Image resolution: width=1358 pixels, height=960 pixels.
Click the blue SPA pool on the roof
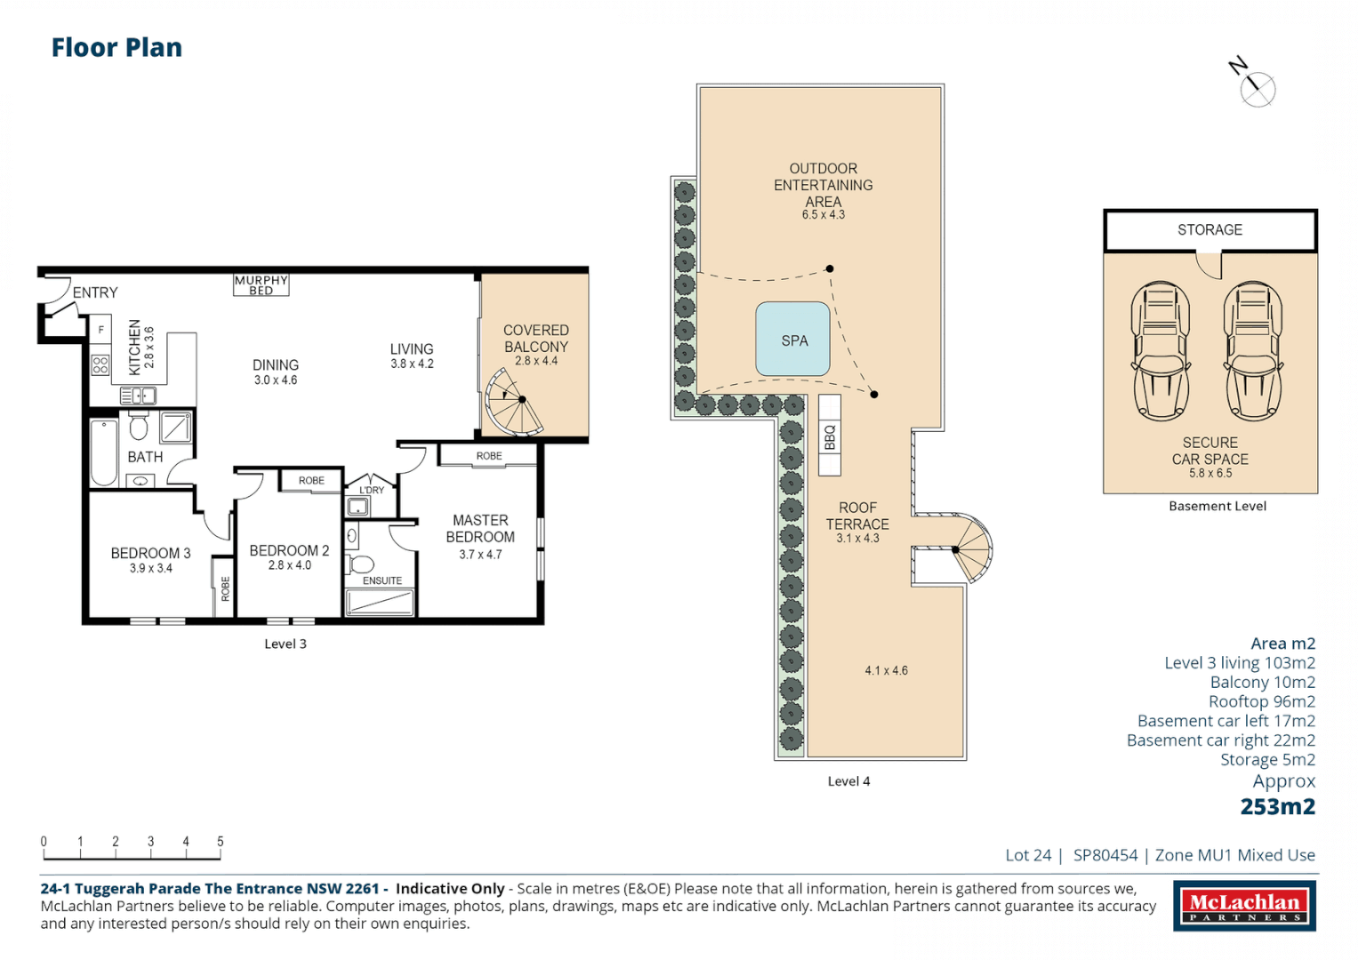[792, 340]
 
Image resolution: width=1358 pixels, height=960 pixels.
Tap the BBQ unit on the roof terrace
[830, 436]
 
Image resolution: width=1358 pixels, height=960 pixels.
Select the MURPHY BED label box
[261, 284]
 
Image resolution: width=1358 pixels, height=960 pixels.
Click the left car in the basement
[1161, 351]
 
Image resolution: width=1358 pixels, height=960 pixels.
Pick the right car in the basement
[1252, 351]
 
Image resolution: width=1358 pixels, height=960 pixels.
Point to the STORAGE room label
[1210, 229]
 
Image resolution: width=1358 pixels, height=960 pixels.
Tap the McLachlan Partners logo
[1245, 906]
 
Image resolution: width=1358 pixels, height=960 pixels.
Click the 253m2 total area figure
[1278, 807]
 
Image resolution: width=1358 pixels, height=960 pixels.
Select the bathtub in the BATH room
[104, 452]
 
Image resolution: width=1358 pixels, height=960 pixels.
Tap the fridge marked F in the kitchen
[100, 331]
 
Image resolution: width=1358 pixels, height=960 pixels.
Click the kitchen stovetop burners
[100, 364]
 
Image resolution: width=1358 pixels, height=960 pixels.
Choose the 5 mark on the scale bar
[220, 841]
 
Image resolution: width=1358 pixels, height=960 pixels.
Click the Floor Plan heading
[117, 47]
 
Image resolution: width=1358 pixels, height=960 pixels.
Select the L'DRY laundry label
[372, 490]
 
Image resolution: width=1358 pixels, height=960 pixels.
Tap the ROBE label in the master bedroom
[489, 456]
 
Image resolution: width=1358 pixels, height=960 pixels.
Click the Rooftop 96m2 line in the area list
[1262, 701]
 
